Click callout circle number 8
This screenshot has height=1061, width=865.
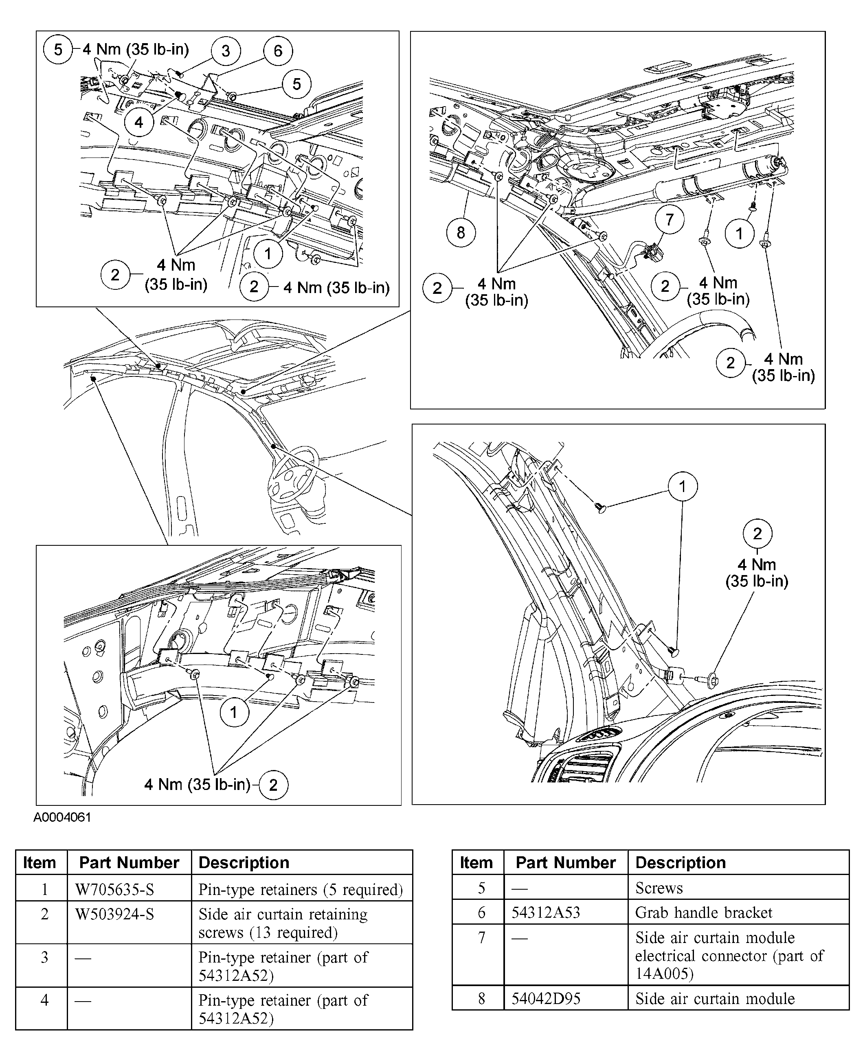point(461,232)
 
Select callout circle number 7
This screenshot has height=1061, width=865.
point(669,220)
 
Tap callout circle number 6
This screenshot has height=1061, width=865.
point(277,51)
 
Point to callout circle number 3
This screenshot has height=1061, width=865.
point(225,51)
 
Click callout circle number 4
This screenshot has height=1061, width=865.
point(138,122)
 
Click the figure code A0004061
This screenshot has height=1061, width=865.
point(62,818)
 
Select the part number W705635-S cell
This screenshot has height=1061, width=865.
point(114,889)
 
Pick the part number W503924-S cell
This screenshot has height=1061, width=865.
point(114,914)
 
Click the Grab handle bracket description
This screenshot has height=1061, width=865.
point(704,912)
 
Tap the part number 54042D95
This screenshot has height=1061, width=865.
point(546,999)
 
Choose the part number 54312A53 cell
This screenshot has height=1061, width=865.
point(546,912)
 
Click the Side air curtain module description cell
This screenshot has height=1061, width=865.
point(715,999)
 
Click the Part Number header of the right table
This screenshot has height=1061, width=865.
point(566,863)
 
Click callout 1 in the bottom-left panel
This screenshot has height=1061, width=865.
point(234,713)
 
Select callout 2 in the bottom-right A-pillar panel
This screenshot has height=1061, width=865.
point(757,534)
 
